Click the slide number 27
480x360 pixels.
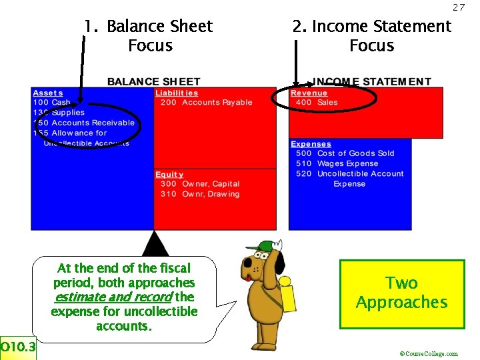(458, 7)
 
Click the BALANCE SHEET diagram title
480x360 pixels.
(153, 82)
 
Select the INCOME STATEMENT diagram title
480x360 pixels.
(372, 82)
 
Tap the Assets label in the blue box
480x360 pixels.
(48, 93)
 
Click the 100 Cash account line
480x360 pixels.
(51, 103)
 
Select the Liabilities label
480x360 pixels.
(177, 93)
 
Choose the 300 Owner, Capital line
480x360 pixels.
(200, 184)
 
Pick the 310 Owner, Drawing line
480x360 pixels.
(200, 194)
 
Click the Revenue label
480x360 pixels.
(309, 93)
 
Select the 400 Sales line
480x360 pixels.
(317, 103)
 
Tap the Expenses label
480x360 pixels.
(311, 144)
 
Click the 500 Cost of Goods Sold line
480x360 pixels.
(345, 153)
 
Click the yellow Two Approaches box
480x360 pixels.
(401, 293)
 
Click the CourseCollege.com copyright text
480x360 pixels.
(429, 354)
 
